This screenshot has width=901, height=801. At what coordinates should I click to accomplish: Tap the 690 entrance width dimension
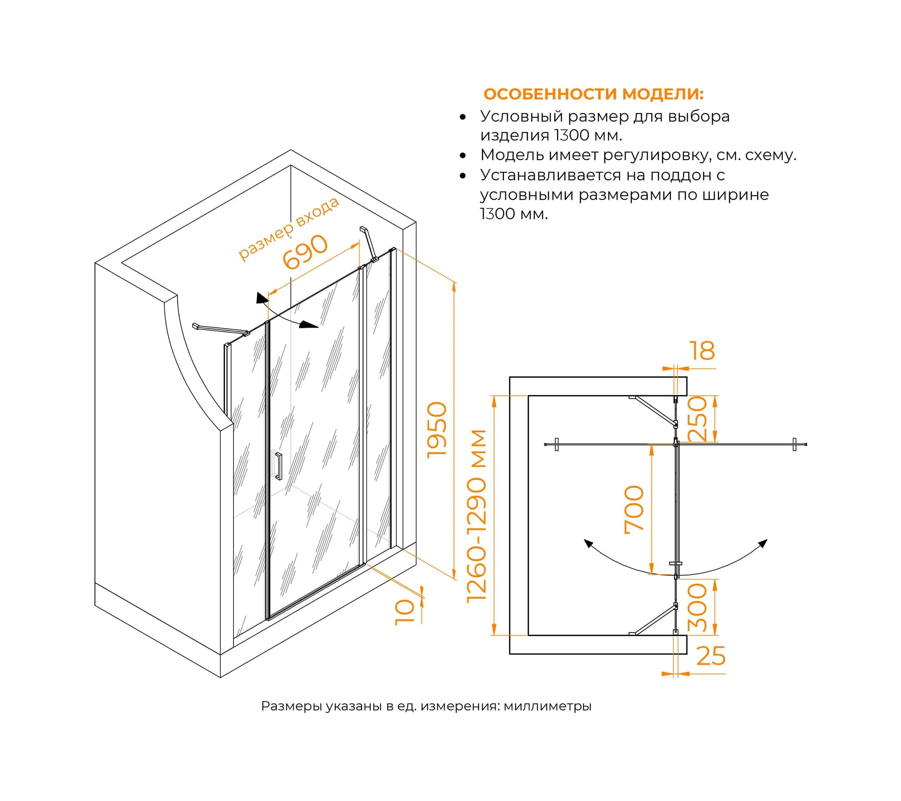[x=305, y=252]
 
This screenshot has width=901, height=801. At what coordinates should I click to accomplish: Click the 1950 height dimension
[x=437, y=430]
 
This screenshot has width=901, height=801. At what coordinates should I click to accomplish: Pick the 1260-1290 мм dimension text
[x=477, y=516]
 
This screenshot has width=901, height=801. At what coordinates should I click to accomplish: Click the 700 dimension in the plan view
[x=634, y=510]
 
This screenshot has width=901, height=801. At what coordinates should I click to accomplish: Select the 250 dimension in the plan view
[x=697, y=419]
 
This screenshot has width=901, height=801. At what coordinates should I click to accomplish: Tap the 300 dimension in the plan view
[x=697, y=608]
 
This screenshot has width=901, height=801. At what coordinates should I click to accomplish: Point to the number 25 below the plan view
[x=710, y=656]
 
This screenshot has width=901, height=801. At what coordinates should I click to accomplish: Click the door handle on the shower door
[x=278, y=465]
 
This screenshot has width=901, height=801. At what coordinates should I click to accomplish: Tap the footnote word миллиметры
[x=547, y=706]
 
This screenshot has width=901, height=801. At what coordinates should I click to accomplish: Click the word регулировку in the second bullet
[x=656, y=155]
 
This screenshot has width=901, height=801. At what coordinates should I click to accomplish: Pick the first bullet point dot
[x=463, y=117]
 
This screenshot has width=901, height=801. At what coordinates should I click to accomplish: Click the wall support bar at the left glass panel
[x=220, y=329]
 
